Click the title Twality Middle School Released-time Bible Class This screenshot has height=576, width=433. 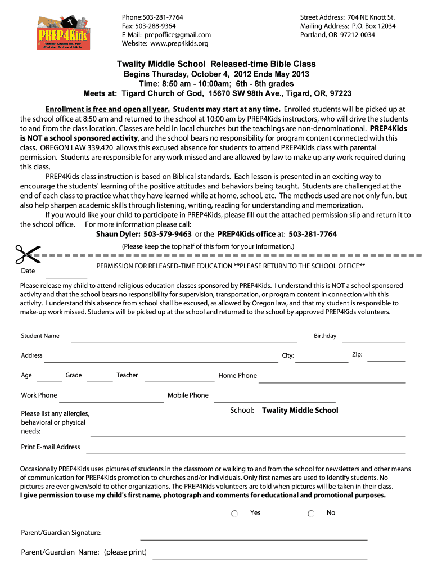[x=216, y=64]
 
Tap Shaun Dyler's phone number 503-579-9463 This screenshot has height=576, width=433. [x=168, y=234]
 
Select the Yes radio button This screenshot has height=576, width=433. [x=235, y=514]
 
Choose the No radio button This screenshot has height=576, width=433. [x=311, y=514]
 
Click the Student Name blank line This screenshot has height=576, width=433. [x=184, y=341]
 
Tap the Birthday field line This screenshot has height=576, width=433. [x=373, y=341]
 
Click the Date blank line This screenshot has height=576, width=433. [x=66, y=277]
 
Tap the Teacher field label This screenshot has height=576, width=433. [x=127, y=375]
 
